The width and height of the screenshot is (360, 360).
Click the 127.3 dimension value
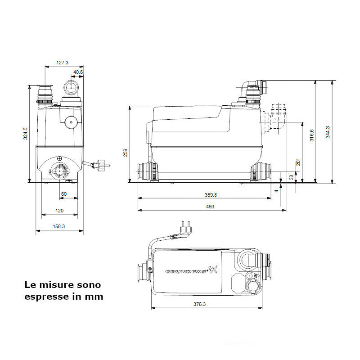[63, 63]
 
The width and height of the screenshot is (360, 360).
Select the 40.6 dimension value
[78, 72]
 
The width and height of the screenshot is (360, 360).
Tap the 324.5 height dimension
[26, 134]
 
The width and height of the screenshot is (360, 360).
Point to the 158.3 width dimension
[59, 226]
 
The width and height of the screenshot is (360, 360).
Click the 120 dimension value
[59, 210]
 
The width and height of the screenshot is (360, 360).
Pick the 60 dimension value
[63, 194]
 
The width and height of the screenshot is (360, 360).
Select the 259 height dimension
[126, 153]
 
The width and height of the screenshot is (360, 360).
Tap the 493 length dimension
[210, 206]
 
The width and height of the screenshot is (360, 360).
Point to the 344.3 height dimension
[328, 132]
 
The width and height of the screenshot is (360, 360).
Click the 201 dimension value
[298, 162]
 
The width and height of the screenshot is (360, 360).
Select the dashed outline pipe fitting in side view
[277, 118]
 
